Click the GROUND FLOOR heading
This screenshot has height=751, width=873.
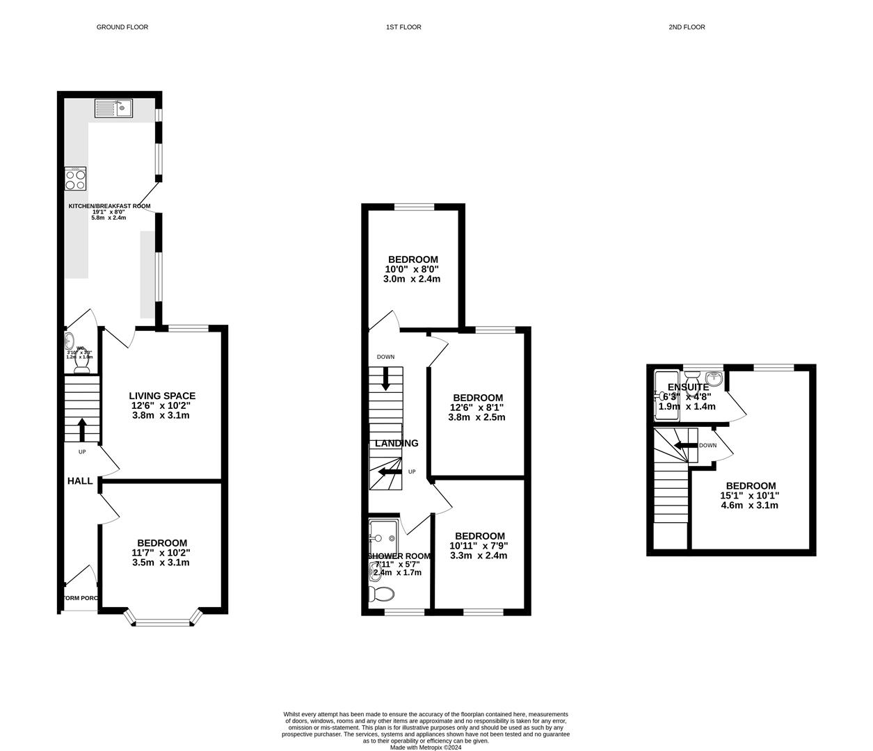pos(122,27)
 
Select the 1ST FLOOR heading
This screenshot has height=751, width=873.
pos(403,27)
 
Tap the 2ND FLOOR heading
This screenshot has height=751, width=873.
pos(687,27)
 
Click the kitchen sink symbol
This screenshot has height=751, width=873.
pos(114,108)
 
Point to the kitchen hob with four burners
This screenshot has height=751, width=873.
pos(75,179)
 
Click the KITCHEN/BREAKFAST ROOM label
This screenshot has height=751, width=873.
pos(109,206)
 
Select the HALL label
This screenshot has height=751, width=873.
pos(80,481)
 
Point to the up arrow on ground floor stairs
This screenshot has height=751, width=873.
pos(82,429)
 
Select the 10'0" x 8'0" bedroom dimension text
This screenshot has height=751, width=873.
pos(412,269)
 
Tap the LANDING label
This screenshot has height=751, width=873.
pos(397,443)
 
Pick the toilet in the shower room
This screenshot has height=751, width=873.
pos(382,594)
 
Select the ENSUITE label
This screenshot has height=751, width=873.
pos(688,387)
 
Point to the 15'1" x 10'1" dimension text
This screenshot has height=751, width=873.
pos(750,496)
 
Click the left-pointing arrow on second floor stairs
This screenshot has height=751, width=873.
pos(684,446)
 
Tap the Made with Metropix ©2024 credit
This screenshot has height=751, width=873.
pos(425,748)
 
